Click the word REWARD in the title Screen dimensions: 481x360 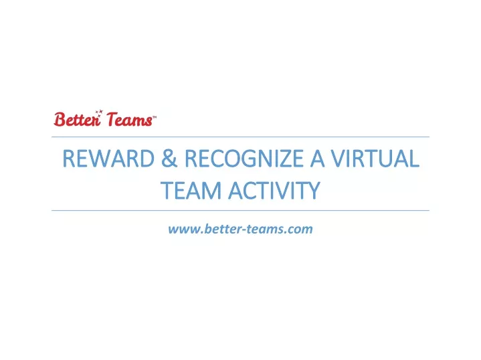tap(108, 159)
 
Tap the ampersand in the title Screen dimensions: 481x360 tap(169, 159)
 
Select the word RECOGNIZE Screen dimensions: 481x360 tap(244, 159)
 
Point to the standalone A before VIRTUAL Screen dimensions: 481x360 tap(317, 159)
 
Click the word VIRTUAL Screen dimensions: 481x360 tap(375, 159)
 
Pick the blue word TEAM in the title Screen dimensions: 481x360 tap(191, 191)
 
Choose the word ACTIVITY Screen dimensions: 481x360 tap(274, 191)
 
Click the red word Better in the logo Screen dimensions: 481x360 tap(78, 119)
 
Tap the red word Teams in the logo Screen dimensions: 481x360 tap(129, 119)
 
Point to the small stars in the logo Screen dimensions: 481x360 tap(99, 113)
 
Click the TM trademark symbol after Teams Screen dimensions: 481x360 tap(155, 117)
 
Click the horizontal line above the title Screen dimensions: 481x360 tap(241, 137)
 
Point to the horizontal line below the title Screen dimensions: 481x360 tap(241, 211)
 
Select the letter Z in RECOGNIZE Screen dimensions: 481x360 tap(283, 159)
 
